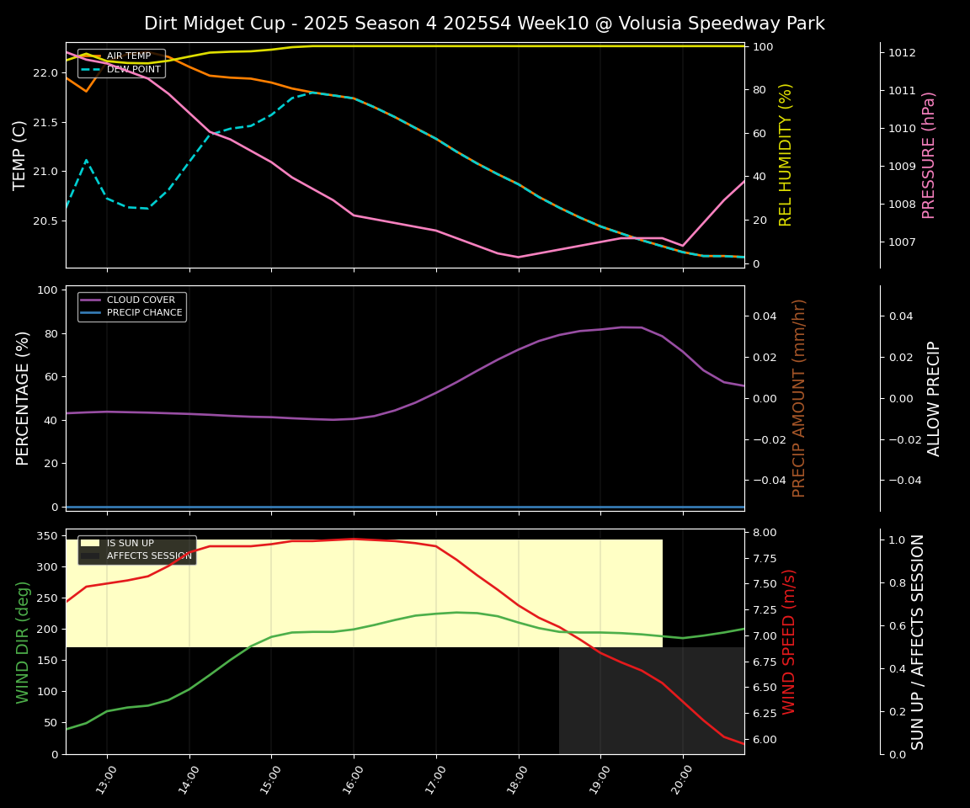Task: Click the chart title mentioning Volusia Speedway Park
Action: [484, 24]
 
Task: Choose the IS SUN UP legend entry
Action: [130, 544]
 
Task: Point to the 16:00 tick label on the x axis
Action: [347, 779]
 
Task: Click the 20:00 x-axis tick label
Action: [676, 779]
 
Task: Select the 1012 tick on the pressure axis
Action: [903, 52]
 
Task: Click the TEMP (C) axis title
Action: [20, 155]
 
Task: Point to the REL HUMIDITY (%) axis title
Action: [786, 155]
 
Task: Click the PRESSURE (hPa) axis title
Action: [929, 155]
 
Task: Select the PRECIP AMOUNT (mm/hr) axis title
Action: [799, 398]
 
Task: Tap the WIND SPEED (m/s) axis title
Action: [789, 641]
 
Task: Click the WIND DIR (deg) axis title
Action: [23, 641]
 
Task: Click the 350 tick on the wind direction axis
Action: [48, 535]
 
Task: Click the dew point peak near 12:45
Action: [86, 160]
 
